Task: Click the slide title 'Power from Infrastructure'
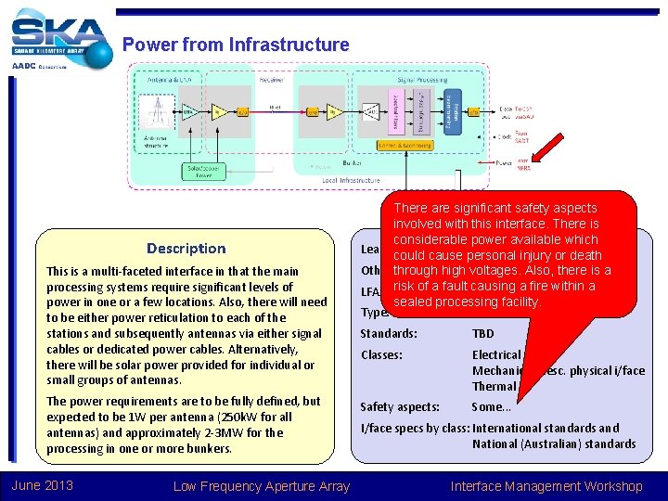[x=236, y=45]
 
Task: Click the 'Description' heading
[x=186, y=248]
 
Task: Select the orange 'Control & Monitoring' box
[x=405, y=145]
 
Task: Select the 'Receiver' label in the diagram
[x=271, y=80]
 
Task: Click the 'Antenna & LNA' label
[x=162, y=80]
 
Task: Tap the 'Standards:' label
[x=388, y=333]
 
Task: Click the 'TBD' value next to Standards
[x=483, y=333]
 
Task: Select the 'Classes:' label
[x=381, y=354]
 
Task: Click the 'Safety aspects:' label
[x=400, y=406]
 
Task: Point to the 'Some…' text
[x=491, y=406]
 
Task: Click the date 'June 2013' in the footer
[x=43, y=485]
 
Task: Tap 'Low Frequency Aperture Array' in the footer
[x=261, y=485]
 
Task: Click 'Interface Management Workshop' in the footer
[x=546, y=485]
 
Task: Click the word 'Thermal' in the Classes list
[x=494, y=386]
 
